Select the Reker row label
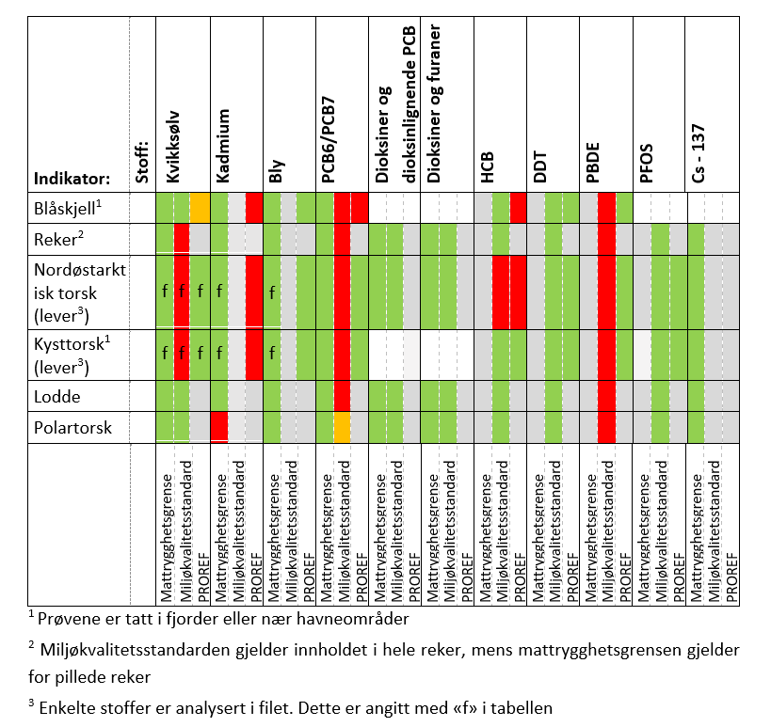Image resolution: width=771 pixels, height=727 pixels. pos(56,239)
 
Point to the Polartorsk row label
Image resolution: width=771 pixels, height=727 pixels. pos(72,427)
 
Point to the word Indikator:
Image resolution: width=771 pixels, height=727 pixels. pos(72,177)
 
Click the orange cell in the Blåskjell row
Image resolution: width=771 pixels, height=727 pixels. pos(200,207)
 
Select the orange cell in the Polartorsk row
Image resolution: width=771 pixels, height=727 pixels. pos(343,427)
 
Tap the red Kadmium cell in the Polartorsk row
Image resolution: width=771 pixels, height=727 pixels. pos(218,427)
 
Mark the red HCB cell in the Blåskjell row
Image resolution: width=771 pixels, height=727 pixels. pos(518,207)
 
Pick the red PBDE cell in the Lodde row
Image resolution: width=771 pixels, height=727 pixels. pos(606,395)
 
